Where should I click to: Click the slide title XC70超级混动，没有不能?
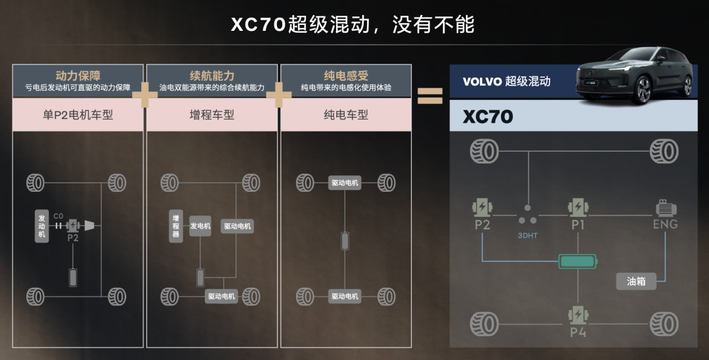pyautogui.click(x=353, y=24)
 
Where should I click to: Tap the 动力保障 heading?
pyautogui.click(x=78, y=76)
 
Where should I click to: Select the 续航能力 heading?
pyautogui.click(x=211, y=76)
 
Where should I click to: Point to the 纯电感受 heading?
pyautogui.click(x=346, y=76)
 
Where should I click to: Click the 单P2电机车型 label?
pyautogui.click(x=78, y=115)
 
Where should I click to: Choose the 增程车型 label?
pyautogui.click(x=211, y=115)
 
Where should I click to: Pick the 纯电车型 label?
pyautogui.click(x=346, y=115)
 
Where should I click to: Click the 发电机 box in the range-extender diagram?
pyautogui.click(x=200, y=226)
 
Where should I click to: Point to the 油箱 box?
pyautogui.click(x=636, y=281)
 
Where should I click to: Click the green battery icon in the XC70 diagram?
pyautogui.click(x=578, y=261)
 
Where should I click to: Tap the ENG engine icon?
pyautogui.click(x=664, y=210)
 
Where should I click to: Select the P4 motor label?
pyautogui.click(x=578, y=332)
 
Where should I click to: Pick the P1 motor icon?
pyautogui.click(x=578, y=209)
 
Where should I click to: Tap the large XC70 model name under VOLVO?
pyautogui.click(x=488, y=118)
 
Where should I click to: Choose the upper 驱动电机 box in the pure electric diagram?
pyautogui.click(x=345, y=183)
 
